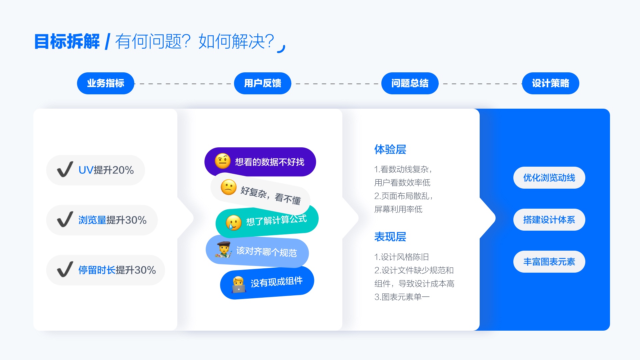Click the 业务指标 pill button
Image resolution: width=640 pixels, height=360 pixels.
[x=105, y=83]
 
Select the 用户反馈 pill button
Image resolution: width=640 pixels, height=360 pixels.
[x=263, y=83]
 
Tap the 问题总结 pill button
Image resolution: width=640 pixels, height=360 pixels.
[x=410, y=83]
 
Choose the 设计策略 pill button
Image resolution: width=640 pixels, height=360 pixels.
[x=550, y=83]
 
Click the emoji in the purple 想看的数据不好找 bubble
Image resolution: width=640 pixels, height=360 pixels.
[x=223, y=161]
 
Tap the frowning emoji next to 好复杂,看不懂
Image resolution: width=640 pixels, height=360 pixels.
[x=229, y=187]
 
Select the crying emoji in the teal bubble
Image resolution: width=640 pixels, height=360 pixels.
[x=234, y=223]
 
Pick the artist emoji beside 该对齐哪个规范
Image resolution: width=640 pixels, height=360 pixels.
[x=224, y=250]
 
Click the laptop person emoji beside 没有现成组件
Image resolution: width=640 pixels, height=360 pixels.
[x=239, y=284]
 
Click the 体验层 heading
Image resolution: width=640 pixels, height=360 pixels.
[x=390, y=149]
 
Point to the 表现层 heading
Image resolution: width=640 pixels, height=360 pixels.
[x=390, y=237]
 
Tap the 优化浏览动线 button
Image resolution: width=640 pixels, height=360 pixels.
[x=549, y=178]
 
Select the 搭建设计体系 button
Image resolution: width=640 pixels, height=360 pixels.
[x=549, y=220]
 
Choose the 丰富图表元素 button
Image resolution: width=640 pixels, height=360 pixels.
[x=549, y=262]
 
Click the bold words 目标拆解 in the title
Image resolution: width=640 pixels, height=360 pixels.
[x=67, y=42]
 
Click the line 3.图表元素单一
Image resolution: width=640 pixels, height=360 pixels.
[x=402, y=297]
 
